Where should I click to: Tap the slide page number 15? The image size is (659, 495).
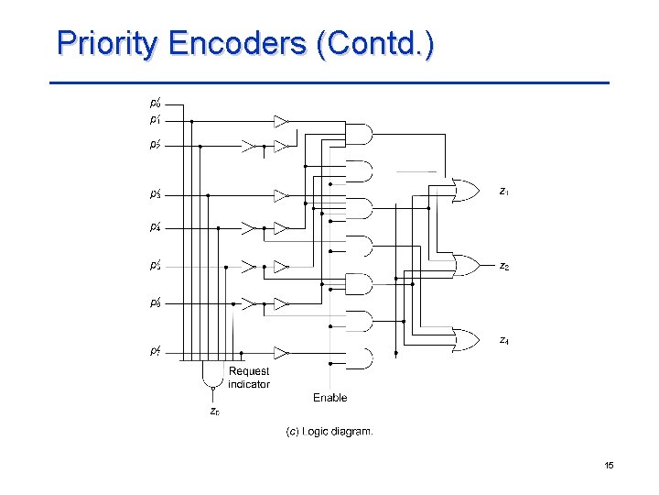point(609,467)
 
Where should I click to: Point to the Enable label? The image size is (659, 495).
point(329,398)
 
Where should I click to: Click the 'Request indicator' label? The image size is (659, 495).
point(249,378)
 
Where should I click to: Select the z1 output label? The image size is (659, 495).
point(504,192)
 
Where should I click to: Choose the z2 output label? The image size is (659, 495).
point(504,266)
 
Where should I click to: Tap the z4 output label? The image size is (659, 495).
point(504,340)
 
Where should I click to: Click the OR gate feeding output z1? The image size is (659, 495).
point(466,191)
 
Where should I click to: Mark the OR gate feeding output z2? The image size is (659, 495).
point(466,266)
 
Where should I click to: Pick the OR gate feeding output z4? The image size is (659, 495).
point(466,340)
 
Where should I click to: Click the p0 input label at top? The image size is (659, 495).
point(156,104)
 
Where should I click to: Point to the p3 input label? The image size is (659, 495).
point(156,194)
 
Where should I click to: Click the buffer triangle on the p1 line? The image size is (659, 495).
point(281,121)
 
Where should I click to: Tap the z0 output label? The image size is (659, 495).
point(213,412)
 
